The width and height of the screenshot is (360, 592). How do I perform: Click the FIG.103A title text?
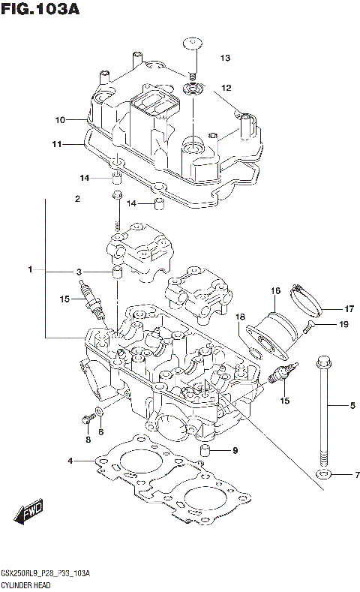coord(40,10)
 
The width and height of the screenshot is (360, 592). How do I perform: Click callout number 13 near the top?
coord(225,59)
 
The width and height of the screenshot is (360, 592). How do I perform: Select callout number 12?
coord(225,88)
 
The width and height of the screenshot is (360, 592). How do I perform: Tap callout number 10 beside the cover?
coord(60,119)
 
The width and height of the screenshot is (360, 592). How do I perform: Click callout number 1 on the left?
coord(31,269)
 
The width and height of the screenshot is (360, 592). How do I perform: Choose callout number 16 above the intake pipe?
coord(275,290)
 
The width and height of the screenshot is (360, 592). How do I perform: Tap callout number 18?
coord(241,317)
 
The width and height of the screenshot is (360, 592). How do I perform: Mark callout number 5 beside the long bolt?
coord(352,407)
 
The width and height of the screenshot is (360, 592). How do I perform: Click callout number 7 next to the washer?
coord(358,475)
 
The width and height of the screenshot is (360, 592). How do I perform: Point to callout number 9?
coord(235,450)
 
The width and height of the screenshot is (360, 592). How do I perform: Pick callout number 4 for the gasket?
coord(70,460)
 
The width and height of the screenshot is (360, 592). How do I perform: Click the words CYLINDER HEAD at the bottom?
coord(25,584)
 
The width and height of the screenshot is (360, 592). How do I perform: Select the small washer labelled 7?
coord(323,475)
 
